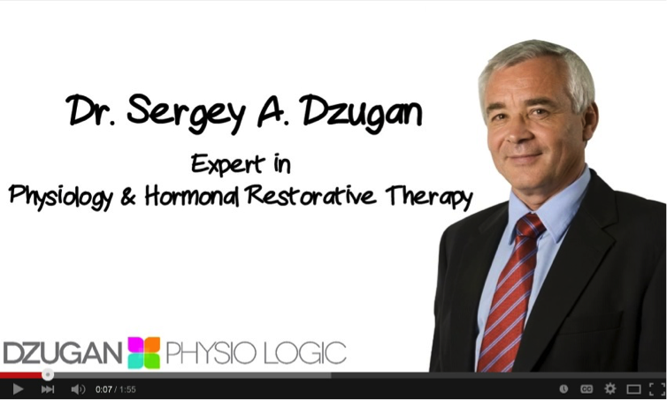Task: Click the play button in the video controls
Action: coord(18,389)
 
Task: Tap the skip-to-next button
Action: coord(48,389)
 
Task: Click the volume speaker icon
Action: coord(78,389)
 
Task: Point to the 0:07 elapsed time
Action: coord(103,389)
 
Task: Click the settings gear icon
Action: coord(610,389)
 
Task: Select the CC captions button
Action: coord(586,389)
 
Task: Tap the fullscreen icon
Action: coord(657,389)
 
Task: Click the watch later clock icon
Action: coord(563,389)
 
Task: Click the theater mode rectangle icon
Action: coord(633,389)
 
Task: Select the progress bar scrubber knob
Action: coord(48,374)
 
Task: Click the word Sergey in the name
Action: coord(187,112)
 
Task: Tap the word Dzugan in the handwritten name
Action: coord(363,111)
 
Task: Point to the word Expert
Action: coord(228,164)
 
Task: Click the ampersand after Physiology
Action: coord(128,196)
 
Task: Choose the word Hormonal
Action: coord(192,196)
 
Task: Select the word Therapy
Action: coord(429,197)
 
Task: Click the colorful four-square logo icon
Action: coord(144,353)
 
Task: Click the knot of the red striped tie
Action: coord(529,226)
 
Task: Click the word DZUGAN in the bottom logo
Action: coord(63,353)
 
